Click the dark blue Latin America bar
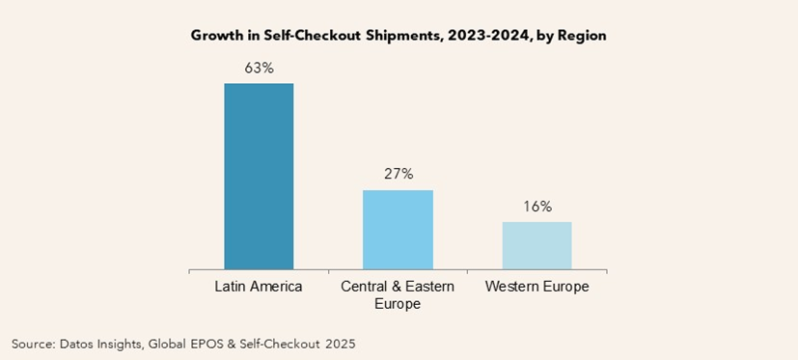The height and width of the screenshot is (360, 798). point(259,176)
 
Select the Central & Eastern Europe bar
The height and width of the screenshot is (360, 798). point(398,229)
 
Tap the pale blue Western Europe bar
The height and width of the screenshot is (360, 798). point(537,245)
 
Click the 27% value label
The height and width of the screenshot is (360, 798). point(398,174)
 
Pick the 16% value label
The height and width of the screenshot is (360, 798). point(537,206)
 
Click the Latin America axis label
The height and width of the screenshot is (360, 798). point(259,287)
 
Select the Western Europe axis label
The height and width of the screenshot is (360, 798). point(537,287)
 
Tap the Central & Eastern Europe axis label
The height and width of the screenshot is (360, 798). point(398,295)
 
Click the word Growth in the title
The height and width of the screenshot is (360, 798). point(216,36)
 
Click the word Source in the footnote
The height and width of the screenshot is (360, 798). point(33,343)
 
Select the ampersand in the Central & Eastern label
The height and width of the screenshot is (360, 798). point(390,287)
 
